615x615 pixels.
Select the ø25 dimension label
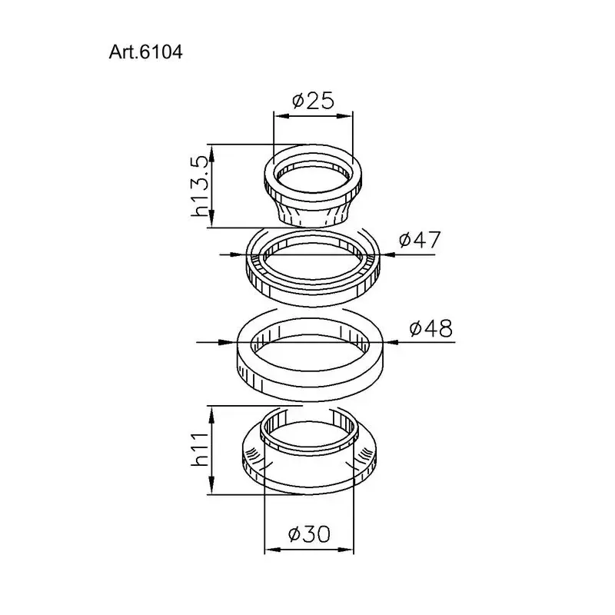(314, 100)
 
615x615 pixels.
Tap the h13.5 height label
(199, 185)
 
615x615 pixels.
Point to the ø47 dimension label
(420, 239)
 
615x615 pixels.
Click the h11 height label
(200, 450)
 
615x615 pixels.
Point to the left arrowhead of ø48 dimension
(230, 342)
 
